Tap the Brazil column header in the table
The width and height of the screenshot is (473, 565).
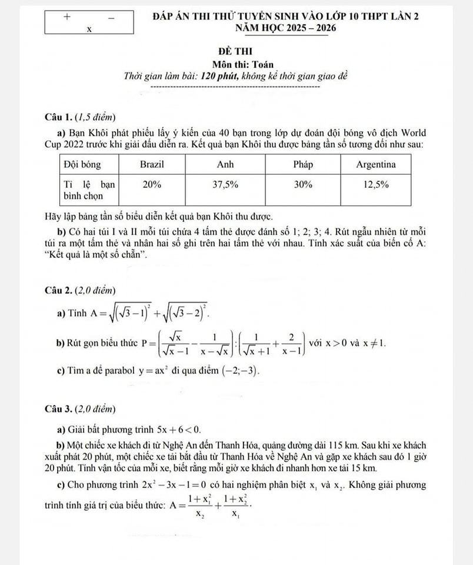coord(152,164)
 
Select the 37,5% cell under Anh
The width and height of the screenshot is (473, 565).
coord(225,184)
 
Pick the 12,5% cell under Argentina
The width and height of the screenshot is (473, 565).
coord(375,184)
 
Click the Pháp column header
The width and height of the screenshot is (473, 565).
coord(303,164)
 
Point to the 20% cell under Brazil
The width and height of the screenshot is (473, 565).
coord(152,184)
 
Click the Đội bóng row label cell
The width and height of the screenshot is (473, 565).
coord(82,164)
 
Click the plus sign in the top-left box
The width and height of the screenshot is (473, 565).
coord(66,16)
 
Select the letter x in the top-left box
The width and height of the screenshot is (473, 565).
coord(89,29)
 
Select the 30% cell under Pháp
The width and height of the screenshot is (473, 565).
coord(303,184)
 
